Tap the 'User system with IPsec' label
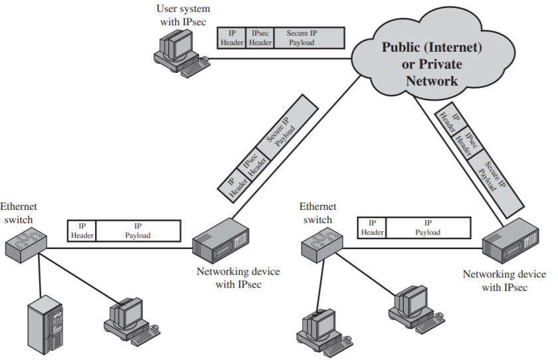(x=183, y=15)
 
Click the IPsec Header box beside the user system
(x=260, y=38)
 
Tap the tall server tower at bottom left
(x=45, y=326)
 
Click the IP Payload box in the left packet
(x=138, y=230)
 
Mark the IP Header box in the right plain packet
(x=372, y=228)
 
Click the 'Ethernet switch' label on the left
(x=19, y=213)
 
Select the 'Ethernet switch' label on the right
(x=318, y=213)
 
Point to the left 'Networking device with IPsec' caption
(x=238, y=278)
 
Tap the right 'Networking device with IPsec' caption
(x=504, y=281)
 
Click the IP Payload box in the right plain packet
(x=428, y=228)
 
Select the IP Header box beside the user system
(x=232, y=38)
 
